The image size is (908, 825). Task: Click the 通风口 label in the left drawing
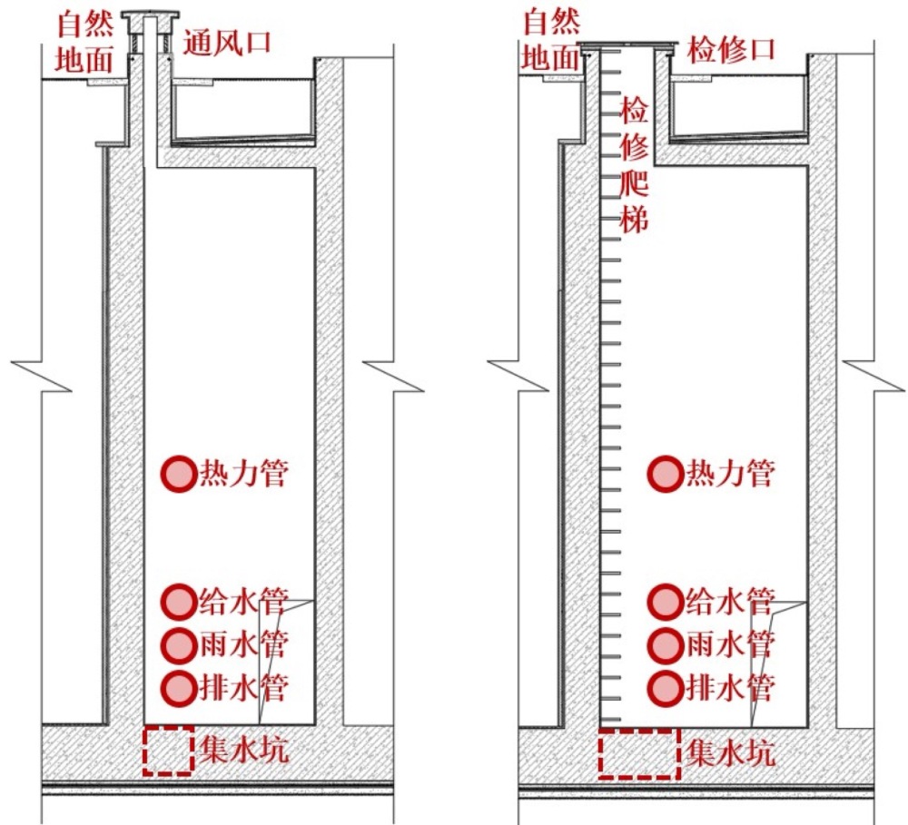228,43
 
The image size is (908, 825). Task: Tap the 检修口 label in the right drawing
731,50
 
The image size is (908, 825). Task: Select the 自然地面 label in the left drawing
84,43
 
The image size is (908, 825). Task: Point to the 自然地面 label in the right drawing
551,40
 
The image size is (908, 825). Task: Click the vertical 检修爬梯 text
634,164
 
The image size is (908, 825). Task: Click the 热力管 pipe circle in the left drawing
179,474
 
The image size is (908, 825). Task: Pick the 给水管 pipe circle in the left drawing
179,602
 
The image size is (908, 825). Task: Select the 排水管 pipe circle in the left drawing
179,688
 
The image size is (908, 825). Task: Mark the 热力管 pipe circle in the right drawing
666,474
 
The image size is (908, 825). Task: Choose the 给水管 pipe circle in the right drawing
666,602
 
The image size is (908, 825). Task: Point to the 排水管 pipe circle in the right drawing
666,688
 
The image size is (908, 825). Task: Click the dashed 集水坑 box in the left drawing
144,751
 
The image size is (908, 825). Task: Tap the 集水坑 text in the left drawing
243,750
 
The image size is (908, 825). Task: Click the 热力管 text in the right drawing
731,474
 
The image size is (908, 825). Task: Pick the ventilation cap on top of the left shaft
150,15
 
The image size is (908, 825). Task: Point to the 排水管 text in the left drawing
243,688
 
